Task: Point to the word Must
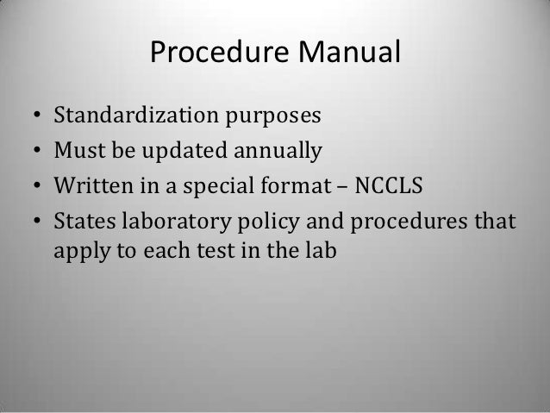76,153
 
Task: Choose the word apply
78,260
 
